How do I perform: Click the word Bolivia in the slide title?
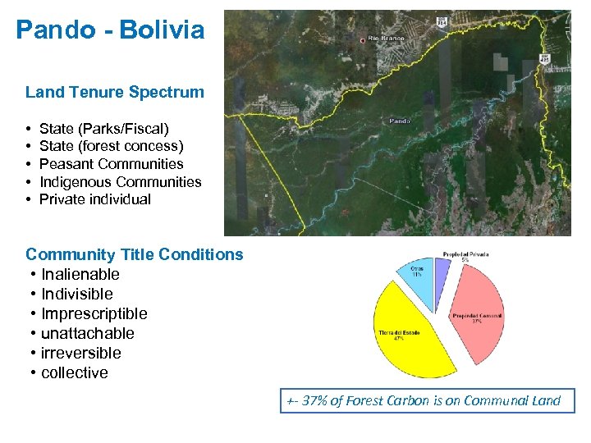click(162, 30)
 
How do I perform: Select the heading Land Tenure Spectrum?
click(114, 92)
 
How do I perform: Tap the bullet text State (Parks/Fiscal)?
click(103, 128)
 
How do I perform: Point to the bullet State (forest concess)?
click(111, 146)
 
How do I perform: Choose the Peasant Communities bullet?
click(111, 164)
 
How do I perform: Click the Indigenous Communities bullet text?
click(120, 181)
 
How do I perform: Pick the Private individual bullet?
click(95, 199)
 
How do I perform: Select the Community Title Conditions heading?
click(135, 254)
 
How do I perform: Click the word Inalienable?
click(80, 274)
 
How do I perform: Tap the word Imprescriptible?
click(94, 313)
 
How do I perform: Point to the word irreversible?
click(80, 353)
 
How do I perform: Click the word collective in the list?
click(74, 372)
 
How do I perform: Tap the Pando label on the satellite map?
click(399, 121)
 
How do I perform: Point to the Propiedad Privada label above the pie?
click(465, 254)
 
